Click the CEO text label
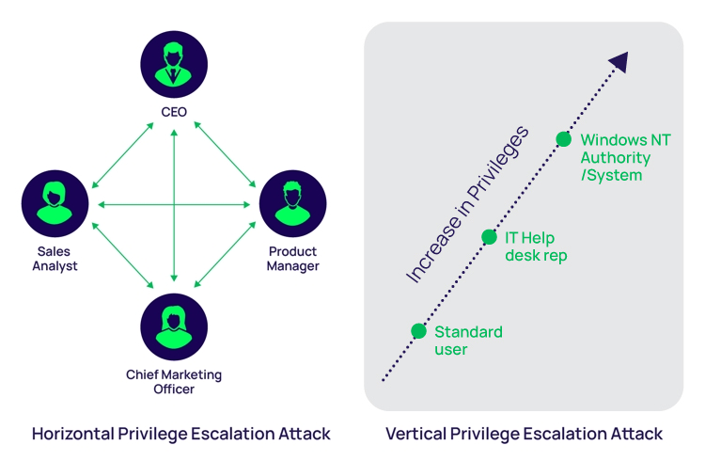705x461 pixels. point(174,113)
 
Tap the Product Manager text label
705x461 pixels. point(293,259)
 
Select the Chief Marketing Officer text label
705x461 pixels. point(174,381)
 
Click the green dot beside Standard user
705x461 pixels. point(419,331)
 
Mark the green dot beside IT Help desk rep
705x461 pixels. point(489,237)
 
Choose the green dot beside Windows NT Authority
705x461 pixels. point(563,139)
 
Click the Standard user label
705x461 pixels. point(468,341)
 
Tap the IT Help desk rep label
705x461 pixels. point(537,246)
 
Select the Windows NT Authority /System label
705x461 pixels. point(625,157)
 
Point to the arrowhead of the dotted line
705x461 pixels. point(618,63)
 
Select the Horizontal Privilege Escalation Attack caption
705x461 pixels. point(181,434)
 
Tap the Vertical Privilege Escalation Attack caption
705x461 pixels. point(524,434)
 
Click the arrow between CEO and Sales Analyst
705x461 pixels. point(123,155)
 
